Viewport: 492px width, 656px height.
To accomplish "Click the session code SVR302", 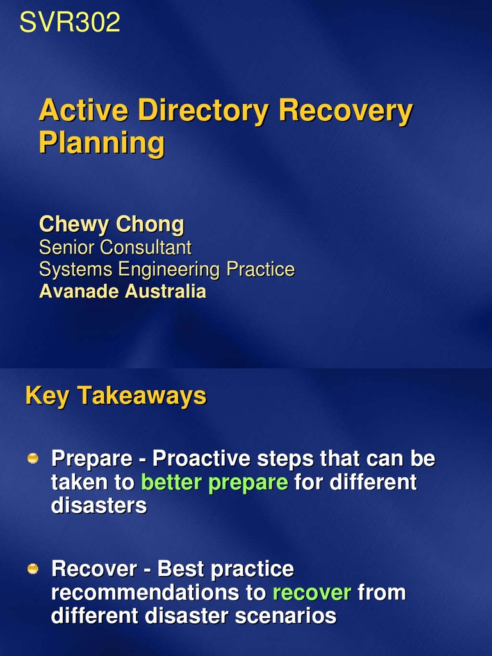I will click(70, 23).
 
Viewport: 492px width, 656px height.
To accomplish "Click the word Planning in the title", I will click(101, 142).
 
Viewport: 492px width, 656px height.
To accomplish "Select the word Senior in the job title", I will click(67, 247).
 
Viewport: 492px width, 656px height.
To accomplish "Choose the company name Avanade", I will click(79, 291).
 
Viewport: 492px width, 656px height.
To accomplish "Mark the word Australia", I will click(165, 291).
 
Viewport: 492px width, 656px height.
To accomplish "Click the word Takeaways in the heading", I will click(142, 396).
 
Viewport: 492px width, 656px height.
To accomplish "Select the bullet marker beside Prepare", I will click(33, 458).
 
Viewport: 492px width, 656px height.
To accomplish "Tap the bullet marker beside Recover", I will click(33, 568).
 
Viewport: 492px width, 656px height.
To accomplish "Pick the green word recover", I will click(311, 592).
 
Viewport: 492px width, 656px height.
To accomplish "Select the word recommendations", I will click(154, 592).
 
